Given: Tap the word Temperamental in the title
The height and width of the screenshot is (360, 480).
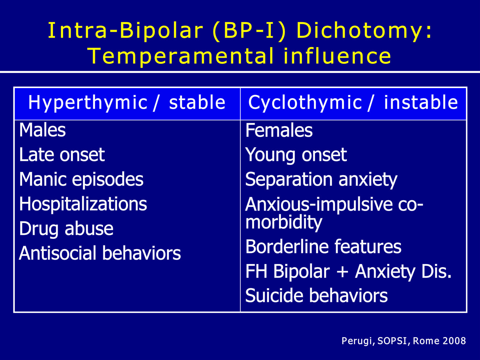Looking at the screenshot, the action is coord(181,56).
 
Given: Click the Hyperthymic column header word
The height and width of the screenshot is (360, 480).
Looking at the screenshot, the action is coord(88,103).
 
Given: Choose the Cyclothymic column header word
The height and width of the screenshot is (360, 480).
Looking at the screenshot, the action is coord(305,103).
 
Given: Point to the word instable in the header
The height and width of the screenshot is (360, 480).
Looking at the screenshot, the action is coord(421,102).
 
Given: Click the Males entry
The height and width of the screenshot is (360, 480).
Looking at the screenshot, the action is coord(42,130).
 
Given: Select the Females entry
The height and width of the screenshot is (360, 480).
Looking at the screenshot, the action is coord(279,130).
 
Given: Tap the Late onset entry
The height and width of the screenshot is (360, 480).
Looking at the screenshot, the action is coord(62,154).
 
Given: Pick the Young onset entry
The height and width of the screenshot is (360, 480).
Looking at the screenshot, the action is coord(296,155).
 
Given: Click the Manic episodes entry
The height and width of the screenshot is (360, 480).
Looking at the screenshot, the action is coord(81,180).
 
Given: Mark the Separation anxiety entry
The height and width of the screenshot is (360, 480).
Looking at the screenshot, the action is coord(321,180).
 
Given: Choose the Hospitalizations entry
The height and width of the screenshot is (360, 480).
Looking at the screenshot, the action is coord(83,204).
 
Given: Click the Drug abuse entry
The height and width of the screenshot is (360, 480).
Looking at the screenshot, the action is coord(66,229).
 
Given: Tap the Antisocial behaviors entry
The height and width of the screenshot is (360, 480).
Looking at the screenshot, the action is coord(100,253).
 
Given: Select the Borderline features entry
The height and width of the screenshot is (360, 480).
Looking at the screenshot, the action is coord(323,247).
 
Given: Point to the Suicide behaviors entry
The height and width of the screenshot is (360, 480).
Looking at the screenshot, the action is coord(316,295).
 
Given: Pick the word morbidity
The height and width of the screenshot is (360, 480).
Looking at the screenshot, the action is coord(284,223).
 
